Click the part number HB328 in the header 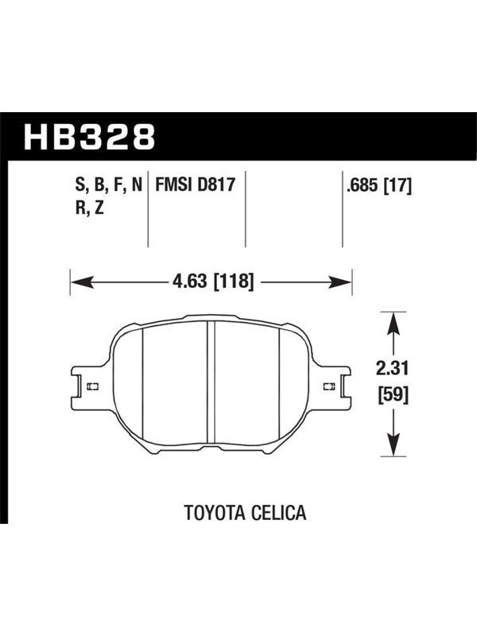[89, 137]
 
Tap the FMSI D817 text [196, 185]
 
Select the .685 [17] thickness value [378, 186]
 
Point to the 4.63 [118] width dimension [213, 281]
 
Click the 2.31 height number [392, 369]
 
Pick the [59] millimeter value [393, 394]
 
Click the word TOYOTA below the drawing [215, 512]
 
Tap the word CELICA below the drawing [279, 512]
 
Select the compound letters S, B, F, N [109, 185]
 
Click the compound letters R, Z [90, 208]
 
